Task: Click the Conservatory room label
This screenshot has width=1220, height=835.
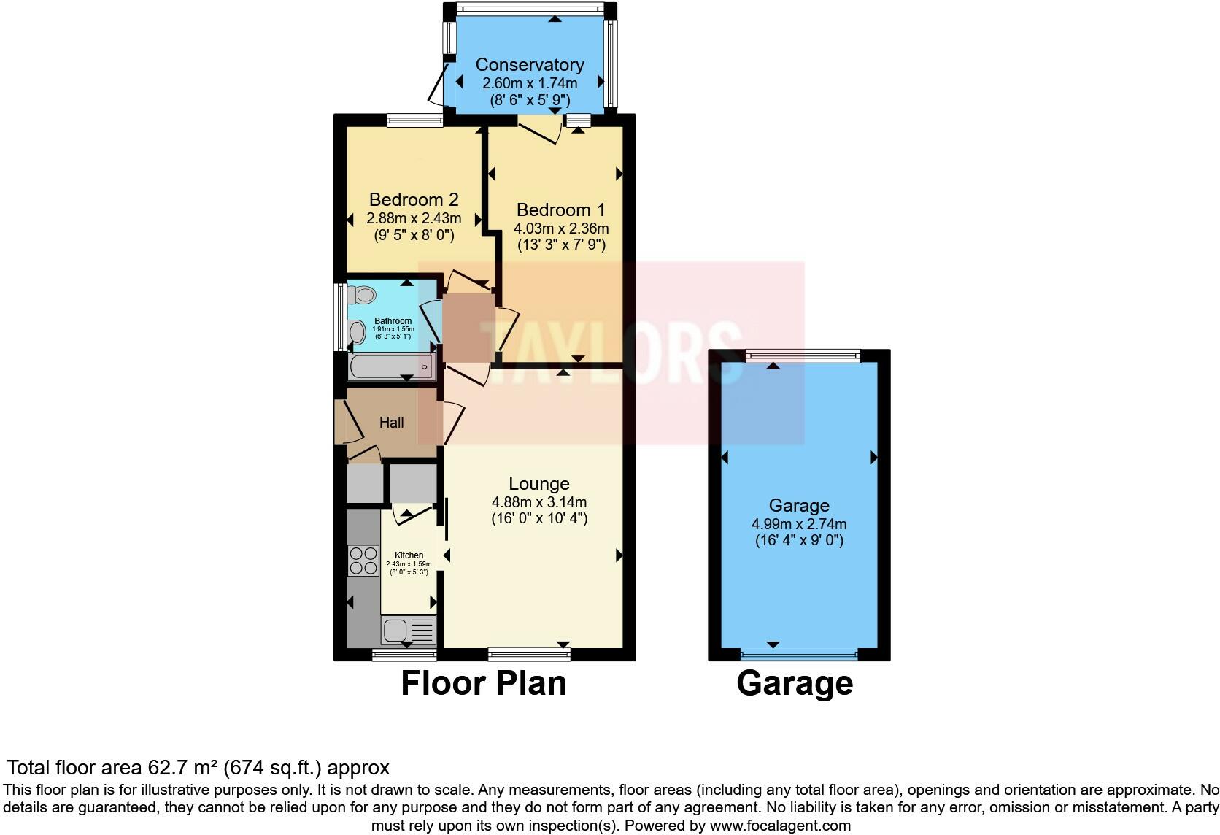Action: pos(530,65)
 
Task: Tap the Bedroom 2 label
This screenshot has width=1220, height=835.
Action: pos(413,199)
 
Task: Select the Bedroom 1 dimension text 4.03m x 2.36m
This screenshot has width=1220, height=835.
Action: pos(560,228)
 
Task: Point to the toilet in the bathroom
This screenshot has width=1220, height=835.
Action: pos(361,295)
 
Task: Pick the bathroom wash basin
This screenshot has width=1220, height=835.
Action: pos(357,333)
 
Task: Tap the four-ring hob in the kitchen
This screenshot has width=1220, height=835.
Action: pos(363,561)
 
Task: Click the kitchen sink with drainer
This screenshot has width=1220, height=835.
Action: pos(408,629)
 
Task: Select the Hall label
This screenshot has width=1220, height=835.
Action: pos(391,423)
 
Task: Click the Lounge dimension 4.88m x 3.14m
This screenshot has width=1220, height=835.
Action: pos(538,502)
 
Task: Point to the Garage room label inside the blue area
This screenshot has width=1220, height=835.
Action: pos(799,505)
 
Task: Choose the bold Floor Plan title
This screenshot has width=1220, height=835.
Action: pos(483,684)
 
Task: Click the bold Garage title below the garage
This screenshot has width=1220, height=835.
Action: pos(795,684)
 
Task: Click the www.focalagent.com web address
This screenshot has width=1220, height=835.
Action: pos(780,826)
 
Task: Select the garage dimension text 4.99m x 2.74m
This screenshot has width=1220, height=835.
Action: pos(799,524)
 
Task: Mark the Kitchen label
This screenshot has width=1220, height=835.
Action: pos(409,555)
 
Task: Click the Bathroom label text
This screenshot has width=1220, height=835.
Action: pos(393,321)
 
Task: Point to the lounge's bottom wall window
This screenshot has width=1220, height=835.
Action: pos(528,655)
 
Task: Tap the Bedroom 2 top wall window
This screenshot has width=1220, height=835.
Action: pos(414,121)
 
